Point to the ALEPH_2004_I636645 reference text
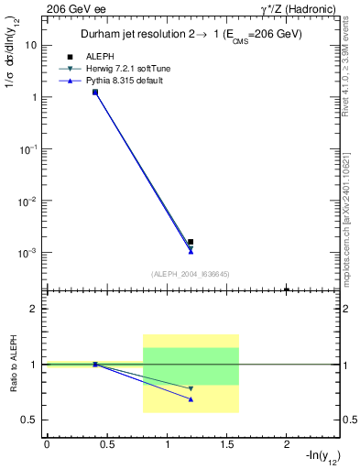[x=190, y=273]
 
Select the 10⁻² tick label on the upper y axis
[x=29, y=200]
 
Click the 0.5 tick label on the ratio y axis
[x=29, y=420]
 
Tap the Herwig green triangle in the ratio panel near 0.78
[x=191, y=388]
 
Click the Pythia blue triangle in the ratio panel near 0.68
[x=191, y=399]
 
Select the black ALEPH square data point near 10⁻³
[x=191, y=242]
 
